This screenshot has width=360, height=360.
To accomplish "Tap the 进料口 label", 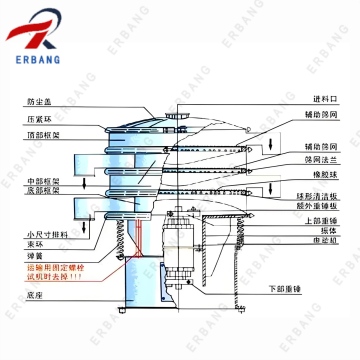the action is pyautogui.click(x=326, y=100).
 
